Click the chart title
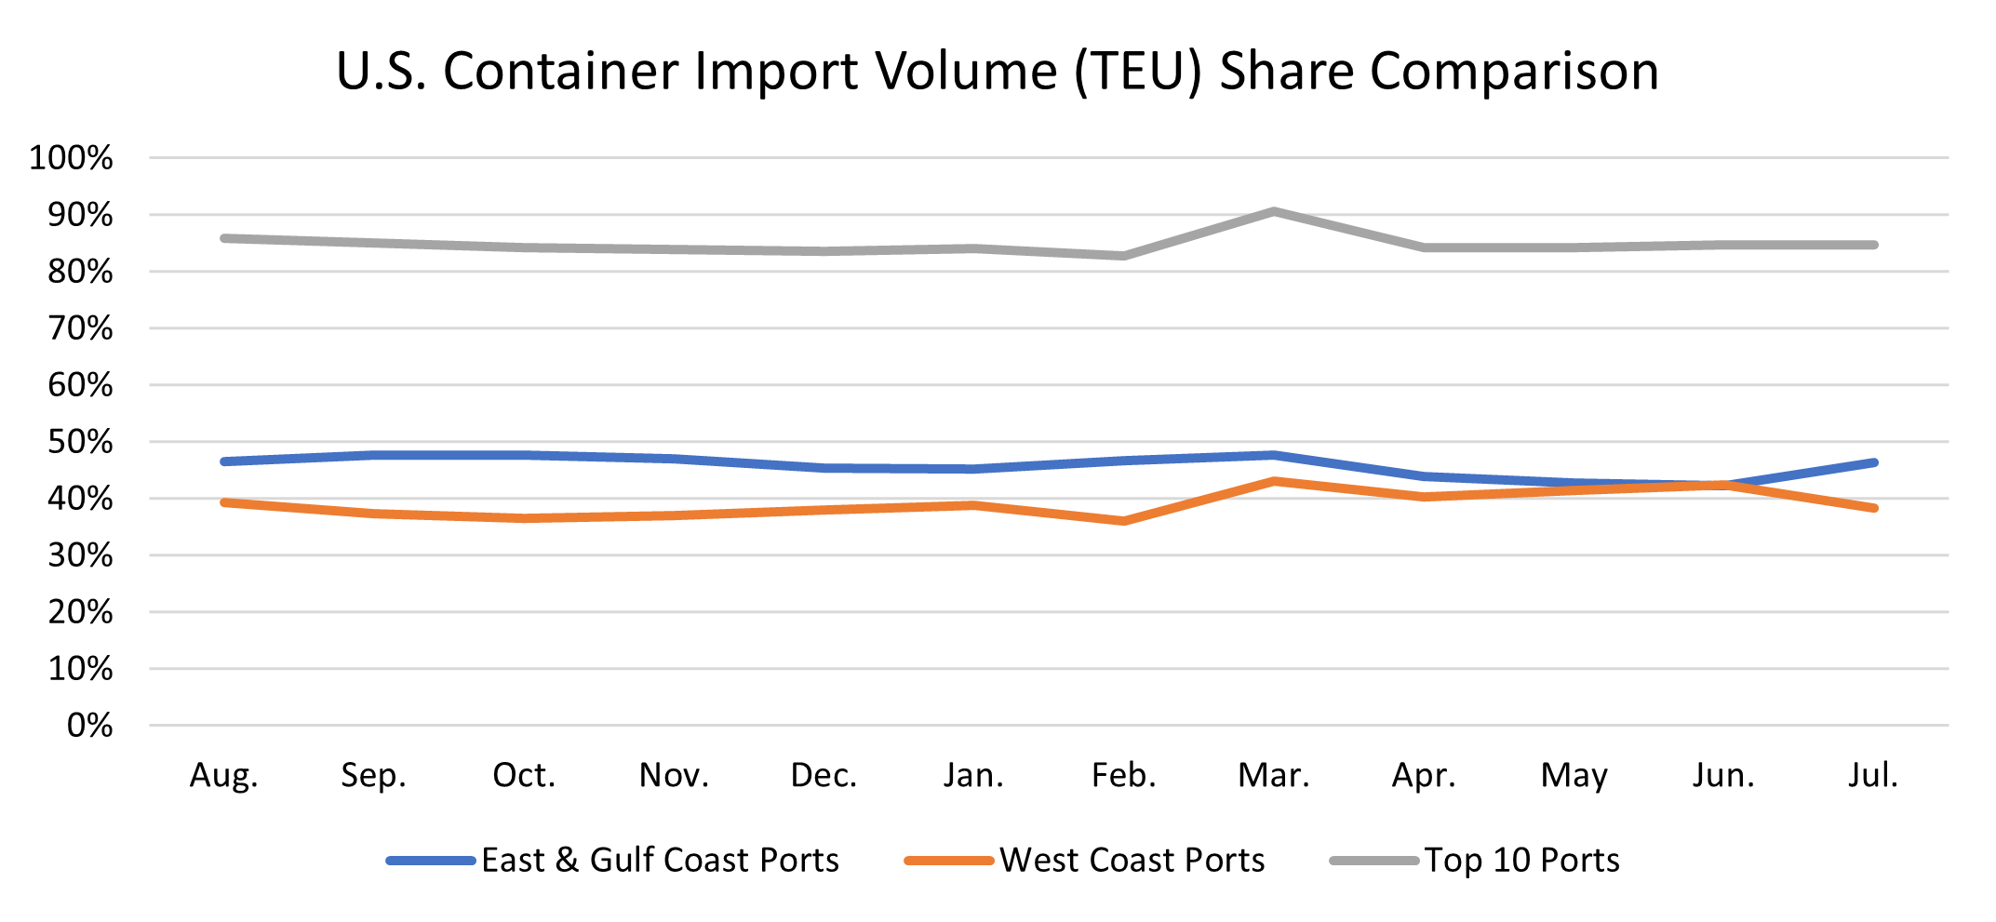[998, 71]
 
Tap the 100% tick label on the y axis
[71, 158]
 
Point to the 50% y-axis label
[80, 442]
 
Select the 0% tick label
[89, 726]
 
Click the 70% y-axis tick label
[80, 328]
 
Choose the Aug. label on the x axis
[224, 775]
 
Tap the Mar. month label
[1273, 775]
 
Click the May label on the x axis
[1574, 775]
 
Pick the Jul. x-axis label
[1872, 775]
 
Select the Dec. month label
[824, 775]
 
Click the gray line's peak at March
[1273, 211]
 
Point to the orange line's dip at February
[1124, 521]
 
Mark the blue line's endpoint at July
[1873, 462]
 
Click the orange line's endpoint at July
[1873, 508]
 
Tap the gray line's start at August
[224, 238]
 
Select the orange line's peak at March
[1273, 481]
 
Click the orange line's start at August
[224, 502]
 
